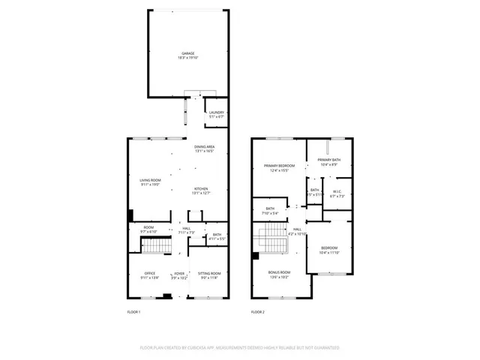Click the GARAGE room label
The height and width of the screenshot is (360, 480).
187,53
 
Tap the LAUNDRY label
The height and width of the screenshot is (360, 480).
217,112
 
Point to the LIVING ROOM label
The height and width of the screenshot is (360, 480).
150,180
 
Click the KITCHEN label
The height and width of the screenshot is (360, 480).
201,189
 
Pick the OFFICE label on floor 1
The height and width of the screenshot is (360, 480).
150,274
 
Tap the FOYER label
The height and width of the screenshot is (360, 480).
179,274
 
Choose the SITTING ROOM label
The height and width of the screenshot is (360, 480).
209,274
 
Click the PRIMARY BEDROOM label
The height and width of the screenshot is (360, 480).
279,165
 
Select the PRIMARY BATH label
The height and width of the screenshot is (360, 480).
328,160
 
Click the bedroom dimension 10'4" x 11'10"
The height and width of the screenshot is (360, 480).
329,253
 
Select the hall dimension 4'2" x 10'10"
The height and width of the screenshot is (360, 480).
298,234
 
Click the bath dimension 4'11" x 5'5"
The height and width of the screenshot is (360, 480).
216,238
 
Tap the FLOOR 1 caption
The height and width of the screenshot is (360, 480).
133,311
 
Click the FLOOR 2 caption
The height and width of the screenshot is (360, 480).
257,311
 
